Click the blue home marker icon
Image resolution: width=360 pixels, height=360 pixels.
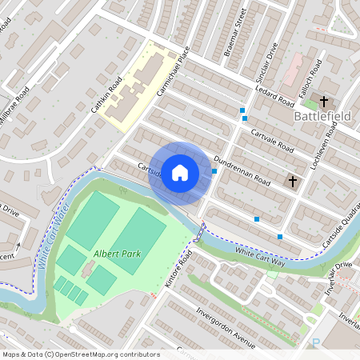pos(180,172)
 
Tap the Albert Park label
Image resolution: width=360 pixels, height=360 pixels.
pos(117,254)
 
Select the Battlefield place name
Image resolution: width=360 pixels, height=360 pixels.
pos(322,117)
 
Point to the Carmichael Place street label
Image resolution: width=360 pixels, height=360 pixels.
pos(175,71)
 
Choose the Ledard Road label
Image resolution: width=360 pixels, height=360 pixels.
pos(276,95)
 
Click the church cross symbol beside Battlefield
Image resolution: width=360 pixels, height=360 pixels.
pos(324,102)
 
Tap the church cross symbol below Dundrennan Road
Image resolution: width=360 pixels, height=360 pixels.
pos(293,182)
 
